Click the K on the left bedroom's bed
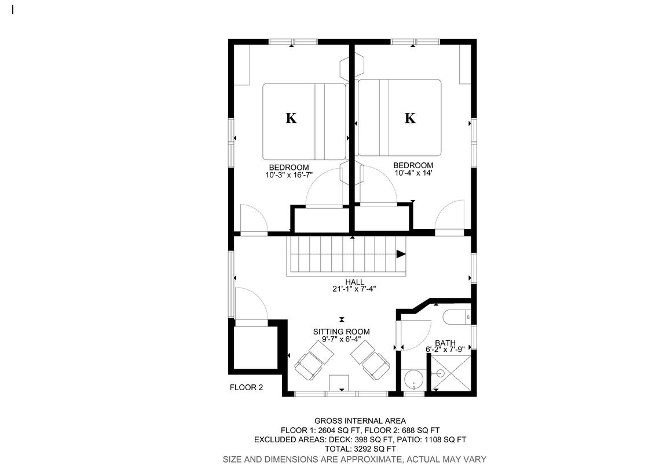tap(291, 118)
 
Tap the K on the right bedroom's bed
tap(410, 118)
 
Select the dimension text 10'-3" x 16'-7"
tap(289, 175)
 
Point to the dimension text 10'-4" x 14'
tap(413, 173)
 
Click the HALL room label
tap(354, 282)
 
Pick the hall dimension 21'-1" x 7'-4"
tap(354, 289)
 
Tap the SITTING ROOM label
tap(341, 332)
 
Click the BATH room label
tap(445, 343)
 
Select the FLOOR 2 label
tap(246, 387)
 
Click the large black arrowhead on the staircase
tap(401, 255)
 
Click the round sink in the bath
tap(413, 380)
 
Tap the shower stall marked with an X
tap(450, 373)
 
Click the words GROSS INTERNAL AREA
tap(360, 421)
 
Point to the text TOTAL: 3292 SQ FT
tap(360, 449)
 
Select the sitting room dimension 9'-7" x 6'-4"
tap(341, 339)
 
